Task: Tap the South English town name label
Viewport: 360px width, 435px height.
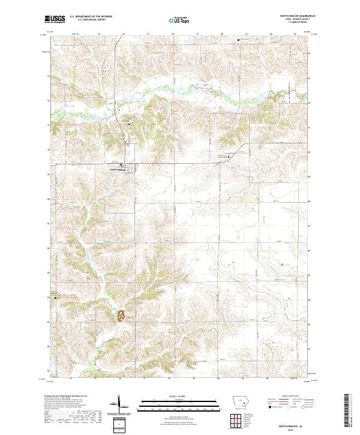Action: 116,169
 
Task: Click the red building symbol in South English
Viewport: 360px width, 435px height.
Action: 120,165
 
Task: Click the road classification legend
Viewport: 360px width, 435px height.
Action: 294,405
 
